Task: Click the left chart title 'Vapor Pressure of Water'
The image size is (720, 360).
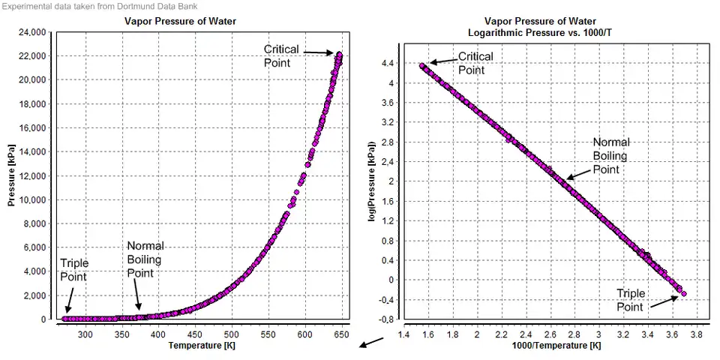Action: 180,21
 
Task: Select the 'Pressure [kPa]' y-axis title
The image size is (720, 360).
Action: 13,175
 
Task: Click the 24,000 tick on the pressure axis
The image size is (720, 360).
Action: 32,32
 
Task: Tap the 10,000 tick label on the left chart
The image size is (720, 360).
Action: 32,199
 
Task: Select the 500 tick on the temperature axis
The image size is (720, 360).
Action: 231,334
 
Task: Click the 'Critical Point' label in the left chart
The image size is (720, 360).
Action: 281,55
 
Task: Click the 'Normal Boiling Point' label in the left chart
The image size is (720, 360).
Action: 145,259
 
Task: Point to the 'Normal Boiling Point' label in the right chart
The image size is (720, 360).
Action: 610,155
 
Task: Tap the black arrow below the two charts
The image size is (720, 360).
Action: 372,343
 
